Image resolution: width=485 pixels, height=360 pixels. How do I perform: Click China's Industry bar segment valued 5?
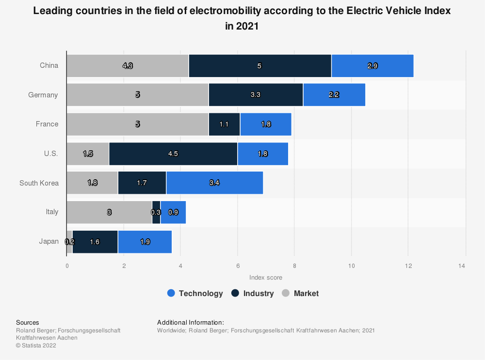259,66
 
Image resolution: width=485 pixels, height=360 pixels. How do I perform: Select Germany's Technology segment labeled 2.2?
334,95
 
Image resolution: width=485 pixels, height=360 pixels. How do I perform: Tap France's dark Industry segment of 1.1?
224,124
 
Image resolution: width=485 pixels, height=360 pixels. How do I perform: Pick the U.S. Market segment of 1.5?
88,154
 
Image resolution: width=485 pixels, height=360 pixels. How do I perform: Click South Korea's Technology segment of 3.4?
214,183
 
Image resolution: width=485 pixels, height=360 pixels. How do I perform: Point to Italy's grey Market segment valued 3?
109,212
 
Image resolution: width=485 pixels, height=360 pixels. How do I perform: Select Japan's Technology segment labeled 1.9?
145,241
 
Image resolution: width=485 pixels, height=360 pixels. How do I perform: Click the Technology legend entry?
195,293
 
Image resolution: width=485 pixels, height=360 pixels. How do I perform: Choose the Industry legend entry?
253,293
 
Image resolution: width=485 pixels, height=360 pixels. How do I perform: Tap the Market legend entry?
300,293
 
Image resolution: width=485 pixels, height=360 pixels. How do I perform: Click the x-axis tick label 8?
294,266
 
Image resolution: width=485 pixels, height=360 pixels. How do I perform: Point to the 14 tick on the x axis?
465,266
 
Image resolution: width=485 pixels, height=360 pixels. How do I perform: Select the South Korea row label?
39,183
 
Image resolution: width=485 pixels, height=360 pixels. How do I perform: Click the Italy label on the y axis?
52,212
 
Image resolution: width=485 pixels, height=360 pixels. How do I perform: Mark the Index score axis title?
266,278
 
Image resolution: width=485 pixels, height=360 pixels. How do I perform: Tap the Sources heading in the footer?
28,322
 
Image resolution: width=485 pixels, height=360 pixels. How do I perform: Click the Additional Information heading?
191,322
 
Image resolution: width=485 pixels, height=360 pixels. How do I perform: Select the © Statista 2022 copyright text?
36,345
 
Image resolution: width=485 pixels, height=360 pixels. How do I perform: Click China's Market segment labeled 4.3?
128,66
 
